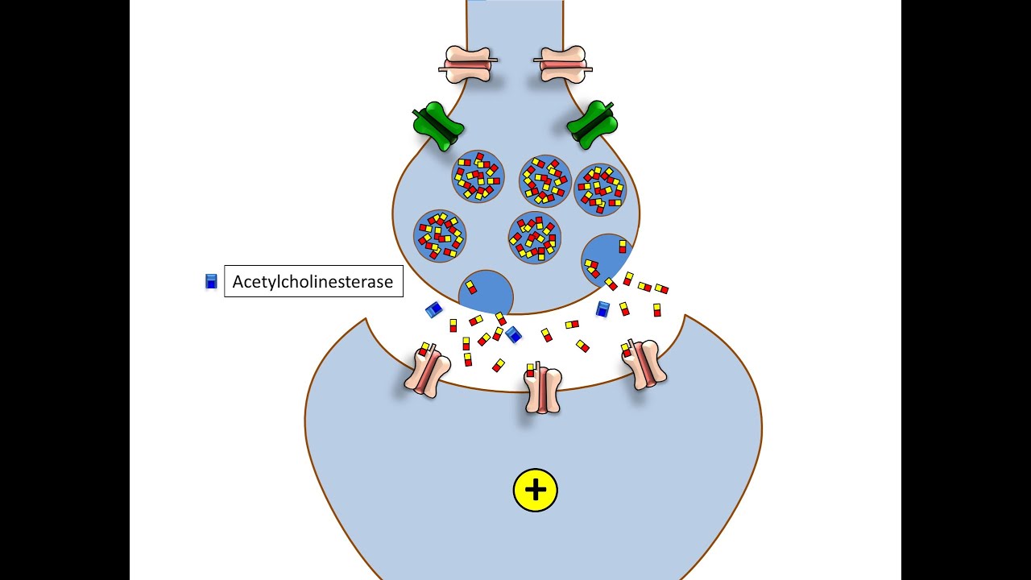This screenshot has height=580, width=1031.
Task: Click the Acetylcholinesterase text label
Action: click(313, 281)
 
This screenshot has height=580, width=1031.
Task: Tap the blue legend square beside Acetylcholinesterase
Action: click(211, 281)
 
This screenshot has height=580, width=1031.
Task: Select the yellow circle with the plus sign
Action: click(536, 490)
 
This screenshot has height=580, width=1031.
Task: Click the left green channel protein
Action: click(437, 126)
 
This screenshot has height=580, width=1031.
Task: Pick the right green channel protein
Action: click(592, 124)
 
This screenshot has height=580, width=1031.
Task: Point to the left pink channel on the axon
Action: click(468, 64)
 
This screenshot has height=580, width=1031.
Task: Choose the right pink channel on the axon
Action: click(563, 64)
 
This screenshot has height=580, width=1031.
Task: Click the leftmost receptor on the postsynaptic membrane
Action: click(427, 370)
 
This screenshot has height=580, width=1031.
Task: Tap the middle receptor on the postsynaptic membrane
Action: click(543, 387)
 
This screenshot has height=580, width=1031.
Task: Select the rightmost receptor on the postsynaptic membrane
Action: click(644, 364)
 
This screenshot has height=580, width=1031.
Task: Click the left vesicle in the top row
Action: click(478, 176)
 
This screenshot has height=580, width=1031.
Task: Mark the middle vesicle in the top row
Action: click(545, 181)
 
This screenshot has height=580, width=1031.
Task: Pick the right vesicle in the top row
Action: click(600, 189)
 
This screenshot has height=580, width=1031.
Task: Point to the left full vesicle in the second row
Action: click(440, 236)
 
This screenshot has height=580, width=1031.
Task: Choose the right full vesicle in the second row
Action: click(535, 238)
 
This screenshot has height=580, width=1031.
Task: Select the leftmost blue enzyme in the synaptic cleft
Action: click(433, 309)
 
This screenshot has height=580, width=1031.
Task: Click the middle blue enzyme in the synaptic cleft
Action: click(513, 334)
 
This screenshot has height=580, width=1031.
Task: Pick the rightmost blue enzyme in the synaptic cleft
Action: click(602, 309)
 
